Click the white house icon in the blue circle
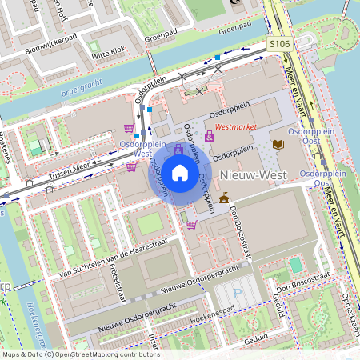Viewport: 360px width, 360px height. click(x=180, y=172)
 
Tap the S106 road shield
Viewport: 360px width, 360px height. click(x=279, y=45)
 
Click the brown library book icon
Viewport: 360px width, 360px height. click(x=278, y=144)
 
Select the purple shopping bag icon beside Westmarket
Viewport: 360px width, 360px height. click(x=210, y=137)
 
